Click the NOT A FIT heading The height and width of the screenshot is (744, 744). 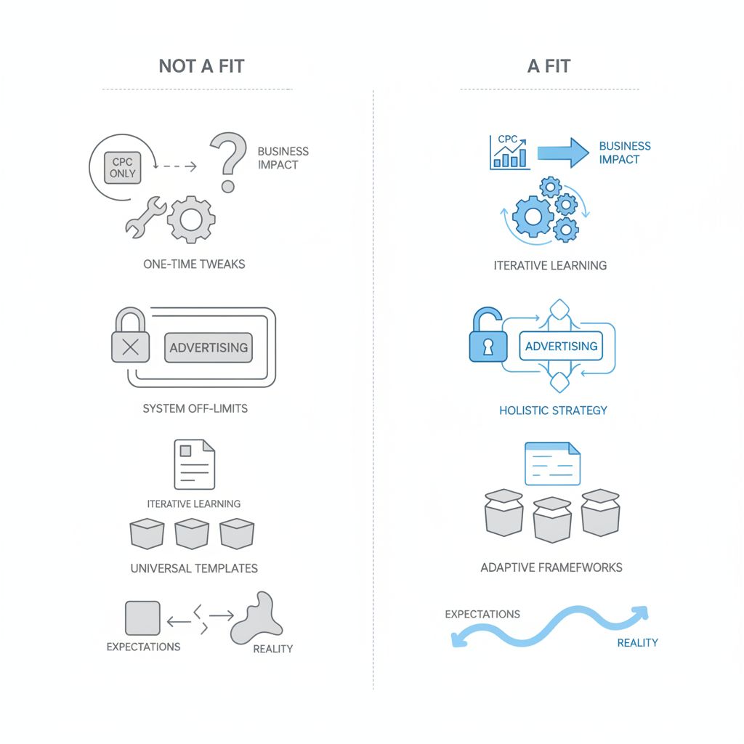pos(201,67)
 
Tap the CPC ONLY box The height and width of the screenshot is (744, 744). pos(123,168)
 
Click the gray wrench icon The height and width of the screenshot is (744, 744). pos(145,216)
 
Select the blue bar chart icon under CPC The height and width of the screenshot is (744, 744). pos(507,153)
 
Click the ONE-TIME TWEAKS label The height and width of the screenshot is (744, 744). pos(194,264)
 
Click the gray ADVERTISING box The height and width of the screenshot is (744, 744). pos(209,347)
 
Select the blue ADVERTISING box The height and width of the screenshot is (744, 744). pos(561,346)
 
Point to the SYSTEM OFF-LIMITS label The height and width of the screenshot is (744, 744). pos(195,408)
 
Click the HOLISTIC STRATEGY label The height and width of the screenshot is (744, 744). pos(553,411)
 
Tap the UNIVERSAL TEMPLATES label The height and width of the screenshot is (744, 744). pos(194,568)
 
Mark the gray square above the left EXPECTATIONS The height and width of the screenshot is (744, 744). pos(142,618)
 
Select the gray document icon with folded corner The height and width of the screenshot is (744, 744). pos(194,465)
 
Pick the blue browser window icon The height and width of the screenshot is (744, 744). pos(552,463)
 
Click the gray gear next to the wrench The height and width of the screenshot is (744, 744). pos(190,218)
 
